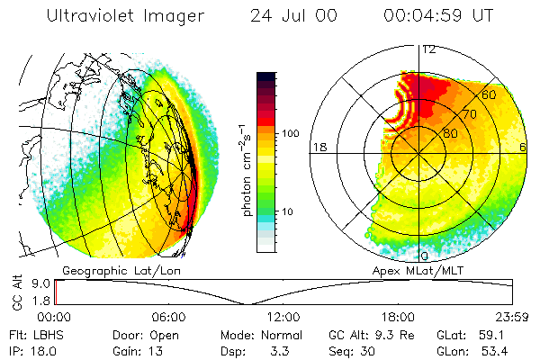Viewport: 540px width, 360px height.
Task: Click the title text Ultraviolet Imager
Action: [x=125, y=15]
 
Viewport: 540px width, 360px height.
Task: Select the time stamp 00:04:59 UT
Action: [x=438, y=15]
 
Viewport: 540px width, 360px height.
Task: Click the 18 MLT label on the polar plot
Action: [x=318, y=147]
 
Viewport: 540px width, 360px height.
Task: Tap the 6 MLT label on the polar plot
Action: [x=523, y=147]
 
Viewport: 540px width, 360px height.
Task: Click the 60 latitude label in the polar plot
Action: [x=490, y=94]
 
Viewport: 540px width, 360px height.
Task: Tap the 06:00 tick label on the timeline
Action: [x=169, y=317]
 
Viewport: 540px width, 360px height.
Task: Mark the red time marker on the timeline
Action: [x=56, y=292]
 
